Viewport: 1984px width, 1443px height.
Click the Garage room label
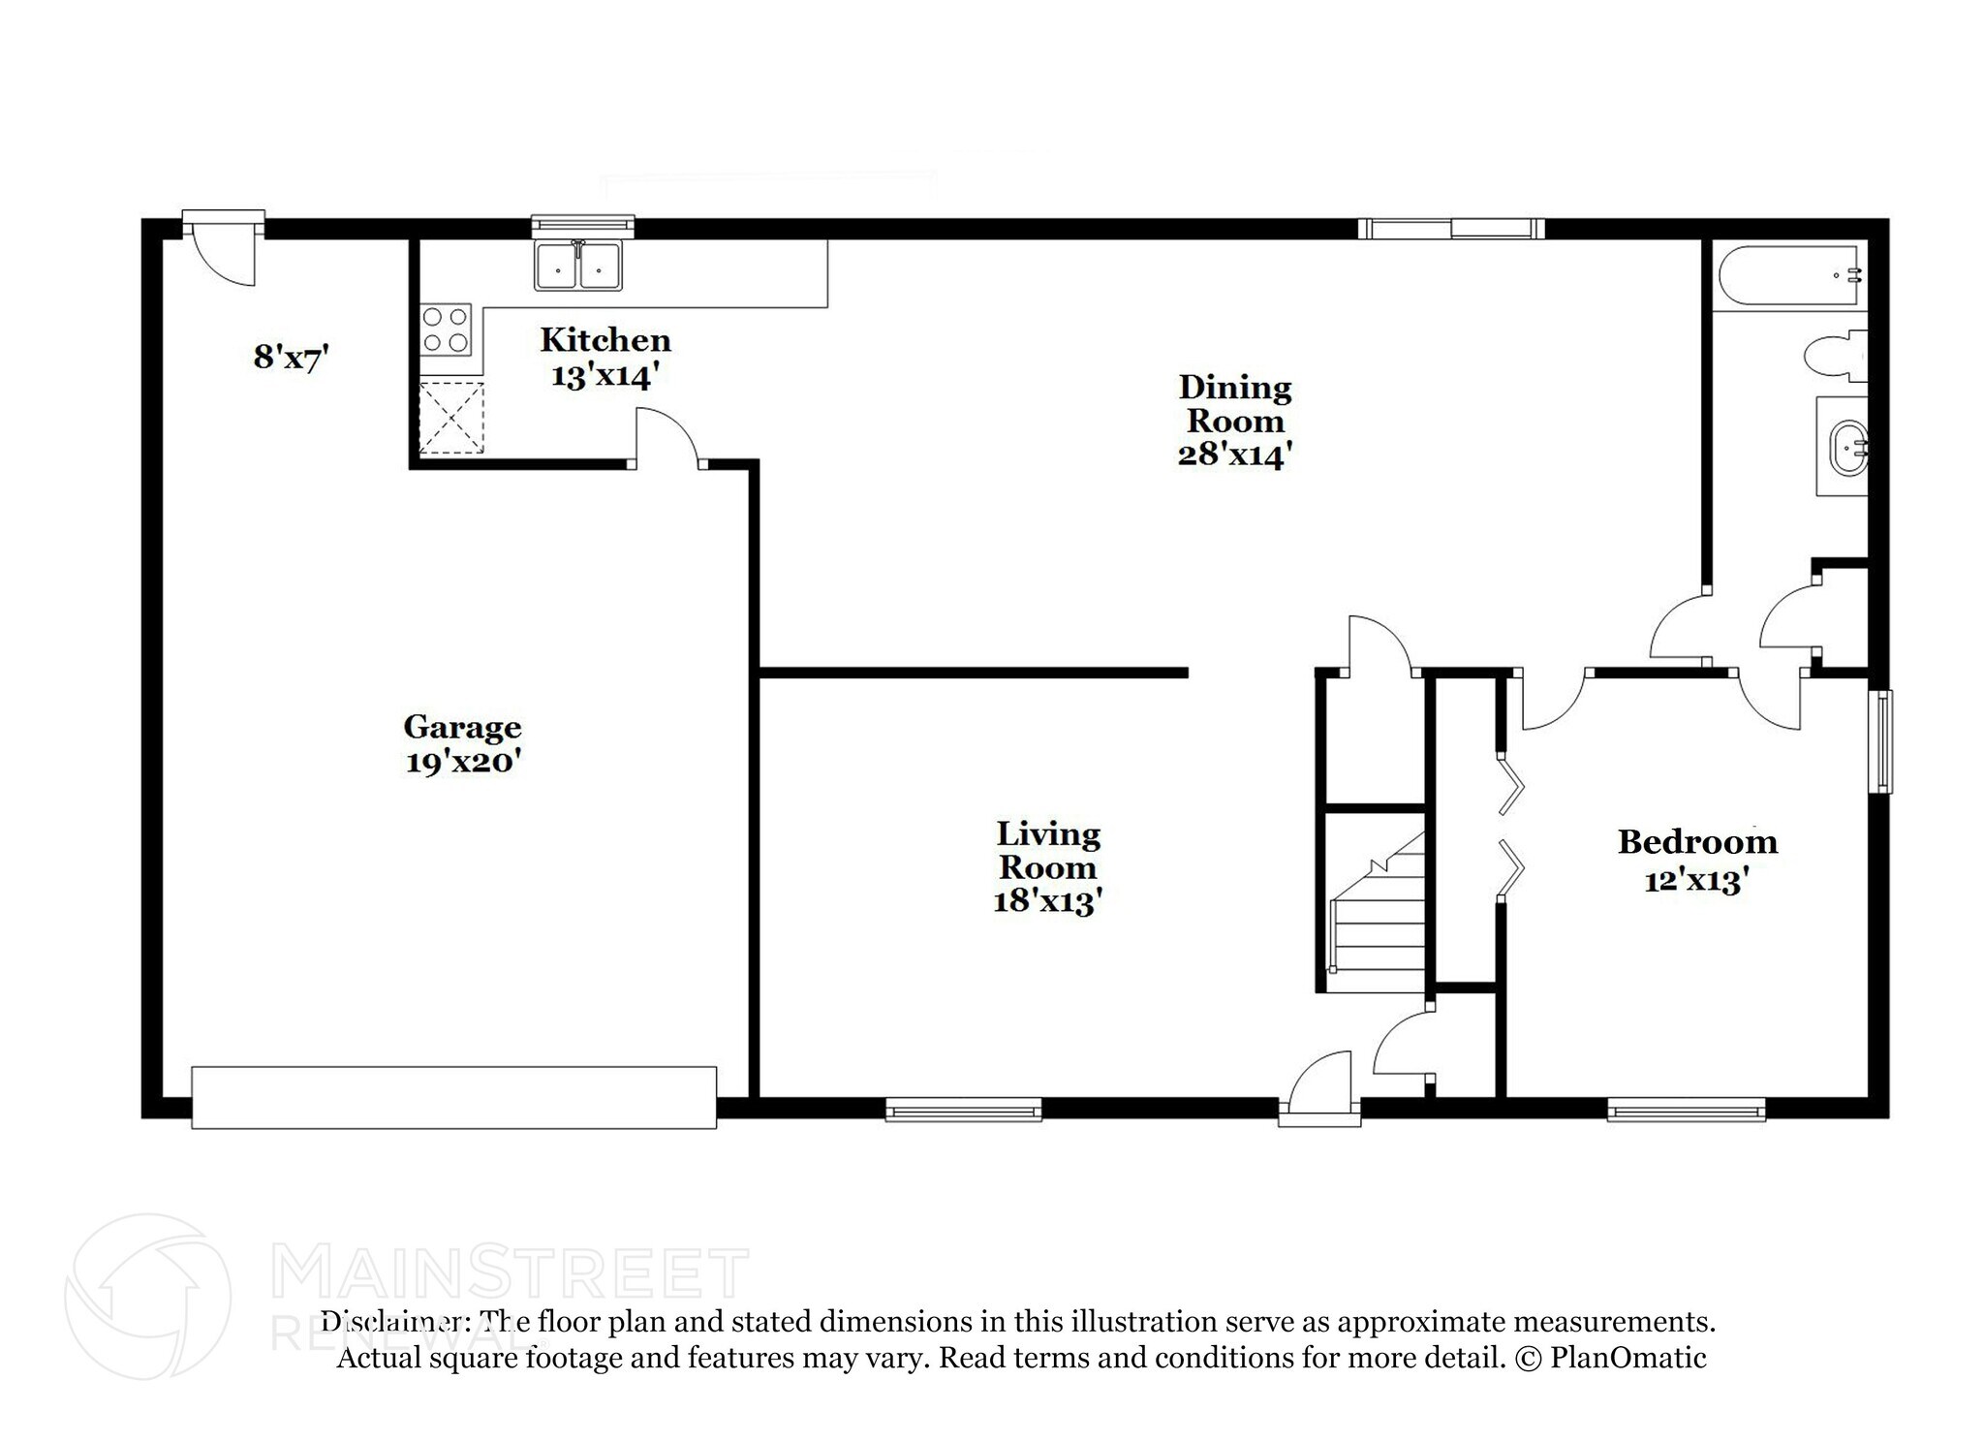pos(462,743)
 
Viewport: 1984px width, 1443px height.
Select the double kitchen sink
pos(577,266)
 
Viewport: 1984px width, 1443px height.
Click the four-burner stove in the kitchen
pos(446,329)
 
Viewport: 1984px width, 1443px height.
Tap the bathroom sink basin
pos(1844,447)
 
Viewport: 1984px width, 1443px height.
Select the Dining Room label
pos(1234,421)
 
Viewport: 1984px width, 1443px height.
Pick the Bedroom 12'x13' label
pos(1697,860)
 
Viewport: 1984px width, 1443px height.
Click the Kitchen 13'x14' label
pos(605,357)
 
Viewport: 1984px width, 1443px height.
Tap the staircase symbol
pos(1378,916)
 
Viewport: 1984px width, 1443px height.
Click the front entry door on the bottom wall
pos(1319,1089)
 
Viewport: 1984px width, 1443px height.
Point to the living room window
pos(963,1109)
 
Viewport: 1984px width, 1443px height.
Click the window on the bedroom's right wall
pos(1879,740)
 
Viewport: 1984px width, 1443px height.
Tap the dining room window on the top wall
pos(1450,229)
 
